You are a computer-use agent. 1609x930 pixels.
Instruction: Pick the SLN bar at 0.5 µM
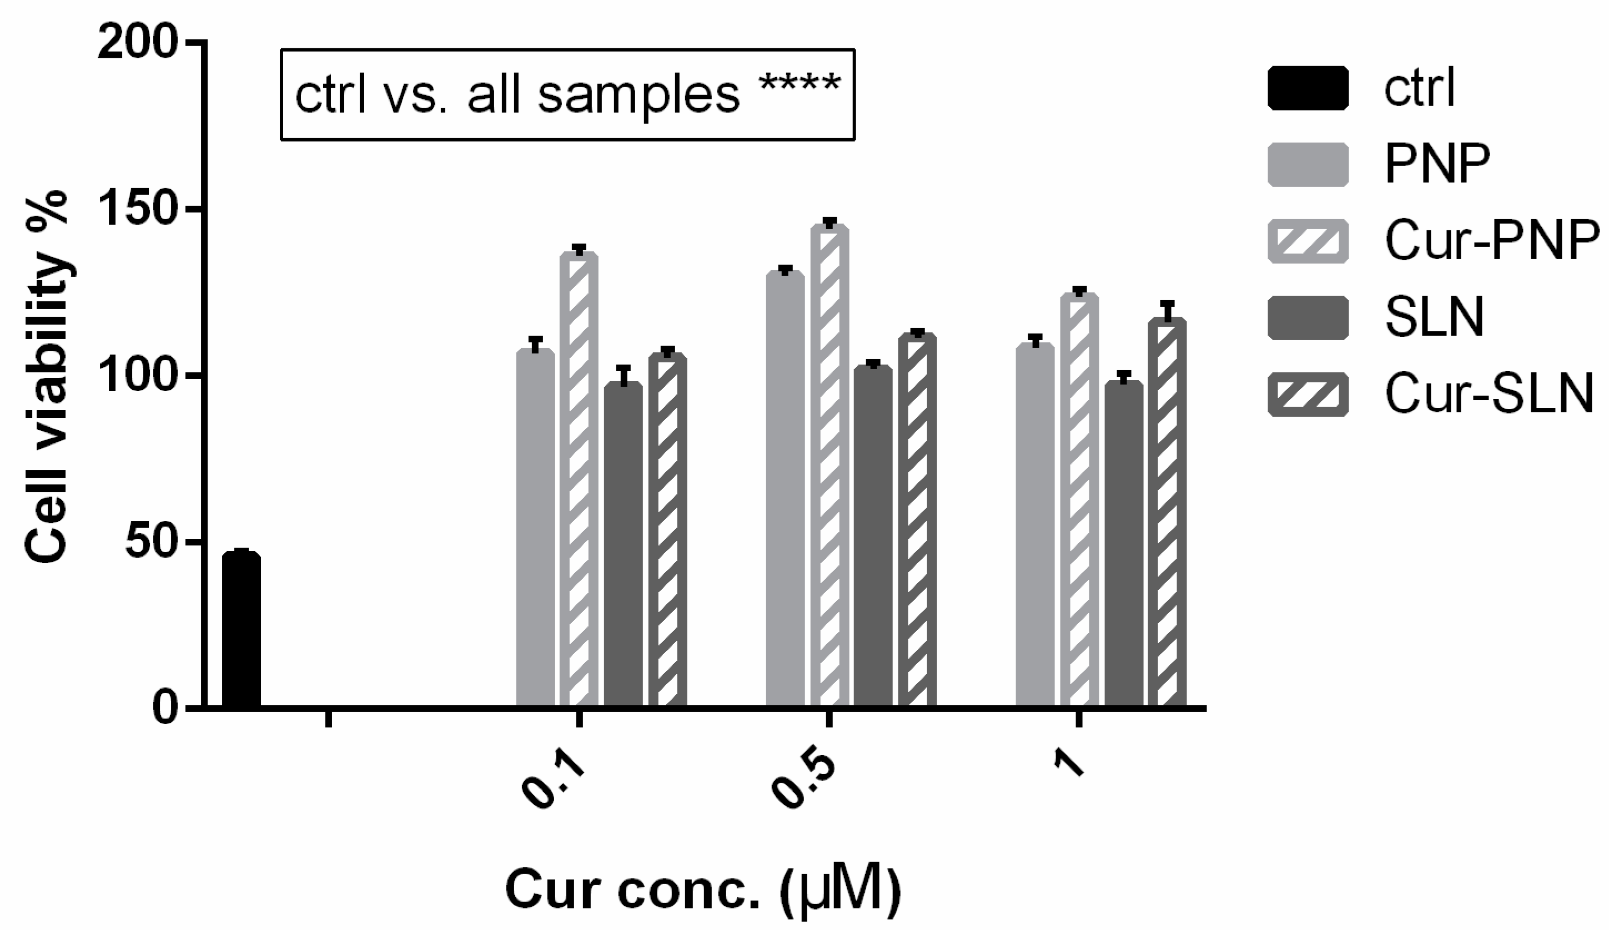[x=873, y=537]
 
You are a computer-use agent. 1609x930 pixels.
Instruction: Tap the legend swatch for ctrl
[x=1308, y=88]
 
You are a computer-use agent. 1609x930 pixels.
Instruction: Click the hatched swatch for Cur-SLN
[x=1308, y=395]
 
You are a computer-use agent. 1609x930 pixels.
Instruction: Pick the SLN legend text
[x=1434, y=318]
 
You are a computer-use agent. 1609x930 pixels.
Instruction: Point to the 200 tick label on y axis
[x=137, y=43]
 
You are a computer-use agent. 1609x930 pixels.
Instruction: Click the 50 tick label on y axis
[x=149, y=543]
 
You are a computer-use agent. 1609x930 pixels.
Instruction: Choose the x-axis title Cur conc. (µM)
[x=703, y=891]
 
